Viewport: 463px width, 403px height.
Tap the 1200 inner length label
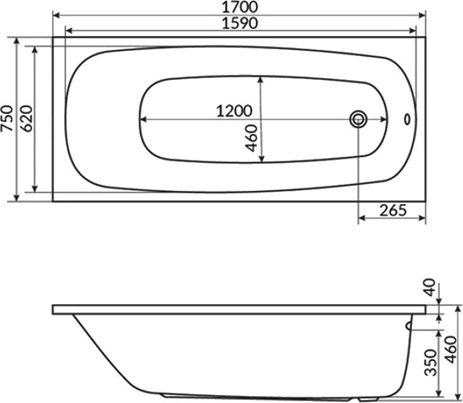click(x=234, y=111)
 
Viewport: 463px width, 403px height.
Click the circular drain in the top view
click(x=358, y=118)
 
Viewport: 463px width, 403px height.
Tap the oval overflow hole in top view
click(x=406, y=118)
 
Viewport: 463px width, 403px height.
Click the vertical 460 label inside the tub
click(x=252, y=137)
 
